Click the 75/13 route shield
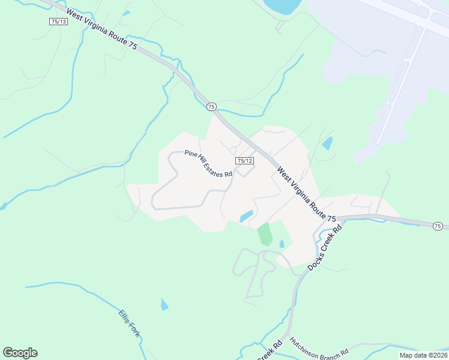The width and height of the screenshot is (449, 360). [x=58, y=21]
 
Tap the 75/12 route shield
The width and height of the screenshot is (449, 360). [x=244, y=161]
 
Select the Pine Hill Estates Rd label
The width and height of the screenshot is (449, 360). [x=208, y=164]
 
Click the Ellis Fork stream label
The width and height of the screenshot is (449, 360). [x=129, y=323]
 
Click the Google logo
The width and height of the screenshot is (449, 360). [x=20, y=353]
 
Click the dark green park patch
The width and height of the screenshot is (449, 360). [x=264, y=233]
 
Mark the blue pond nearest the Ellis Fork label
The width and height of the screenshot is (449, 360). [x=164, y=305]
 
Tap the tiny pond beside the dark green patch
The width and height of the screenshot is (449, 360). [x=282, y=244]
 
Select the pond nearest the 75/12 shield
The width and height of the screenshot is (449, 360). [x=246, y=216]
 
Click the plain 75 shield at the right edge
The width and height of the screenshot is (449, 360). [x=438, y=226]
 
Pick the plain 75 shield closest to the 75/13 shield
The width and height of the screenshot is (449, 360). [x=211, y=106]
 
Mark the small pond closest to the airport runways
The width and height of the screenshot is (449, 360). [x=327, y=143]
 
